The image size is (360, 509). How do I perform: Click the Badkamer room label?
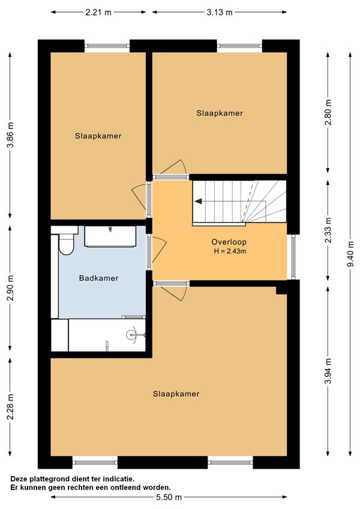[x=98, y=278]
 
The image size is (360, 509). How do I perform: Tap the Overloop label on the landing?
[x=229, y=242]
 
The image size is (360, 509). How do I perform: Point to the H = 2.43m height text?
[x=230, y=251]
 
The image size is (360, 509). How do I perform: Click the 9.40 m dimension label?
[x=350, y=254]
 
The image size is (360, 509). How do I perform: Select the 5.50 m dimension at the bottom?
[x=169, y=497]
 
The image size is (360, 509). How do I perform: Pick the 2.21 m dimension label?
[x=98, y=13]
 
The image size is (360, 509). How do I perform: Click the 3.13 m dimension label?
[x=220, y=13]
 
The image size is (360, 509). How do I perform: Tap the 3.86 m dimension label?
[x=10, y=134]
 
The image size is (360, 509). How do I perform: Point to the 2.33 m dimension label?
[x=328, y=230]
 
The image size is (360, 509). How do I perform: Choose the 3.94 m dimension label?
[x=328, y=371]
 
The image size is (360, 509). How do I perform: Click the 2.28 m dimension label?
[x=10, y=407]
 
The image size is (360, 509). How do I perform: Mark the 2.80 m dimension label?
[x=328, y=112]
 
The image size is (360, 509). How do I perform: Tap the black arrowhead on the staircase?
[x=198, y=202]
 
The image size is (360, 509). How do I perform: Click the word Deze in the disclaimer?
[x=19, y=479]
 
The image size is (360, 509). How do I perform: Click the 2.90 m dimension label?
[x=10, y=288]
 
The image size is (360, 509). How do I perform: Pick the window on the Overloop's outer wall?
[x=293, y=257]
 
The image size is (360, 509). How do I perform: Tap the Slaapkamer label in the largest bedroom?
[x=176, y=394]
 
